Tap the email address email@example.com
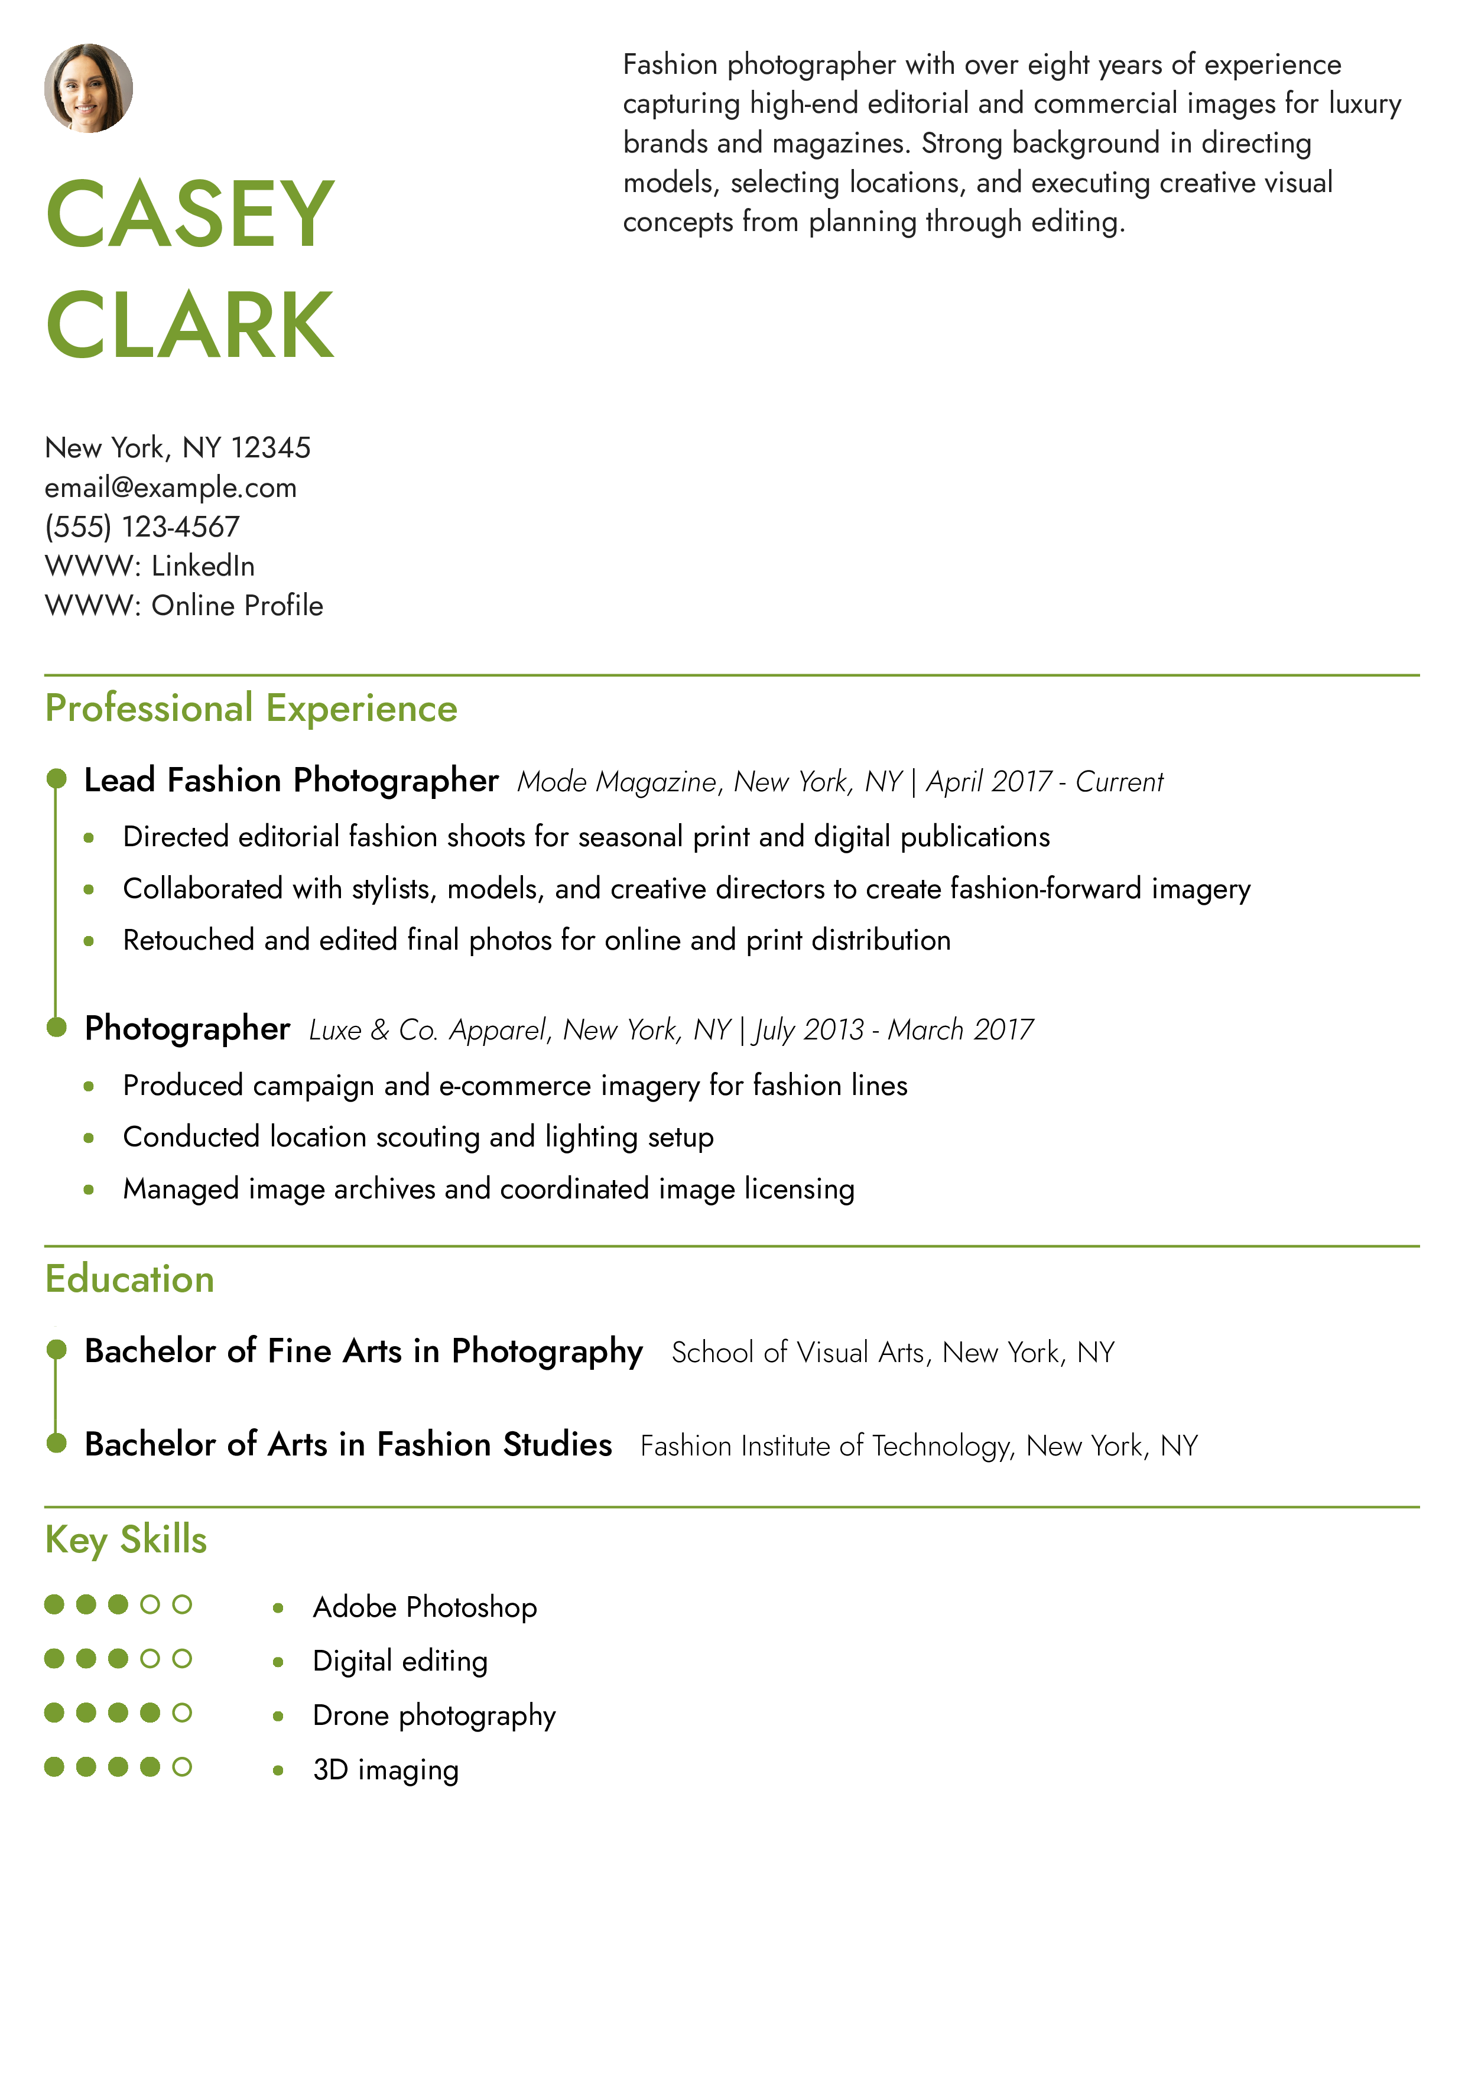tap(171, 488)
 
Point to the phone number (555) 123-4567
tap(142, 527)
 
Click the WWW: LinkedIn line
tap(150, 566)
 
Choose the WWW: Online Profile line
tap(184, 606)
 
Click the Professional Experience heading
tap(251, 709)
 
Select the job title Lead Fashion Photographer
tap(291, 780)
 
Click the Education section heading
tap(130, 1279)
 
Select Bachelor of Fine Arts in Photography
tap(364, 1351)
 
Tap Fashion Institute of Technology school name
tap(826, 1445)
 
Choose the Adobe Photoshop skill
tap(425, 1607)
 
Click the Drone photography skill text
tap(434, 1715)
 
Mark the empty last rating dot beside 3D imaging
tap(183, 1767)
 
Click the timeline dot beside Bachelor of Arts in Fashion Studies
tap(56, 1443)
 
